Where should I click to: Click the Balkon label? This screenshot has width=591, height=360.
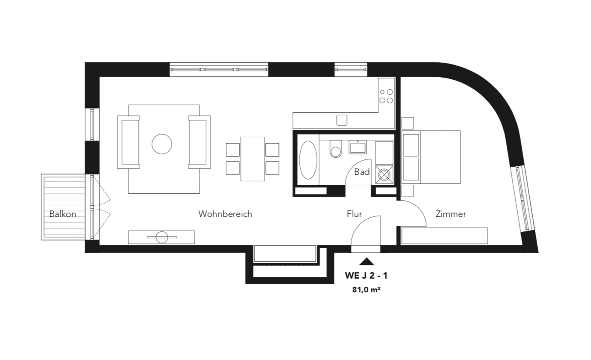tap(63, 214)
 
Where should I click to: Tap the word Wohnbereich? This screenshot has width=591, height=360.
tap(225, 214)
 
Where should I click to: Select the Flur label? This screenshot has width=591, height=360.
tap(354, 214)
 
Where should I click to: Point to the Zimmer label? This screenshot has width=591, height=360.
tap(451, 214)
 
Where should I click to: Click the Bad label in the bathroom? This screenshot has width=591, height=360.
tap(362, 172)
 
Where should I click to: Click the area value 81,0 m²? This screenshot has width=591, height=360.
tap(367, 290)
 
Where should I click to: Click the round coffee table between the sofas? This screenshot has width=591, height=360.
tap(162, 144)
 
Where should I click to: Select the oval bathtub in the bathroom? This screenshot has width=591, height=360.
tap(308, 160)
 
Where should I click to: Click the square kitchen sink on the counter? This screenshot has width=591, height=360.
tap(342, 120)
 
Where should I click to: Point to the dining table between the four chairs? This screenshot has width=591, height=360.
tap(252, 159)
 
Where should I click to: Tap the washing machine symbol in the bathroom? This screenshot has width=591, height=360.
tap(384, 175)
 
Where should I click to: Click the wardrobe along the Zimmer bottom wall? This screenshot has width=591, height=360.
tap(445, 236)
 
